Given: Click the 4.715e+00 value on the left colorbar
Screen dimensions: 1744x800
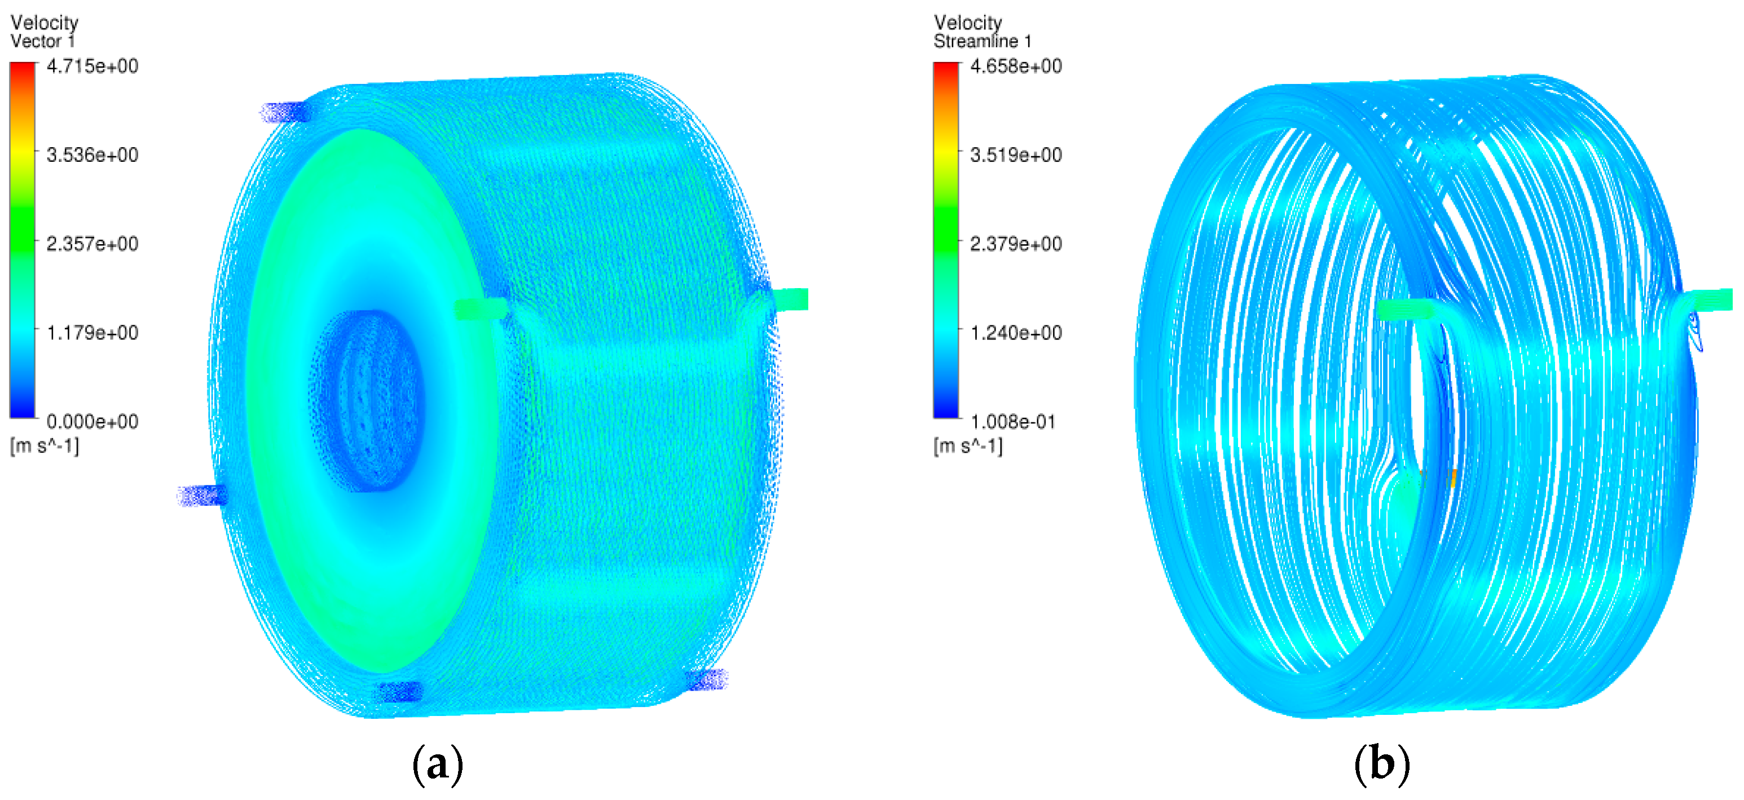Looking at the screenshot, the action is click(92, 67).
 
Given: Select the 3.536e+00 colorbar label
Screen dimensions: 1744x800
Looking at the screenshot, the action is click(92, 155).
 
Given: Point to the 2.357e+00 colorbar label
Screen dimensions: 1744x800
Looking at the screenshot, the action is click(92, 244).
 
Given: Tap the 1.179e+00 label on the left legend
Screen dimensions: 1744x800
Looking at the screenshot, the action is click(92, 333).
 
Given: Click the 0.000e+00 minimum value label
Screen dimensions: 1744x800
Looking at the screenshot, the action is click(92, 422).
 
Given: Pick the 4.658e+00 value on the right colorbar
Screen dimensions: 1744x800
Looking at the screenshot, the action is click(1015, 67).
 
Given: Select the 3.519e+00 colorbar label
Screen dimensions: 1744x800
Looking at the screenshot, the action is click(1015, 155).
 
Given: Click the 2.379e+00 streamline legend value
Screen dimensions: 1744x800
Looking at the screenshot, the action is click(1015, 244).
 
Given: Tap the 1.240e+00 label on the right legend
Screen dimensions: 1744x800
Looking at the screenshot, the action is click(1015, 333).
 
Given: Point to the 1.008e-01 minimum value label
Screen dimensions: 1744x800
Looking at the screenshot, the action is click(1013, 422).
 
